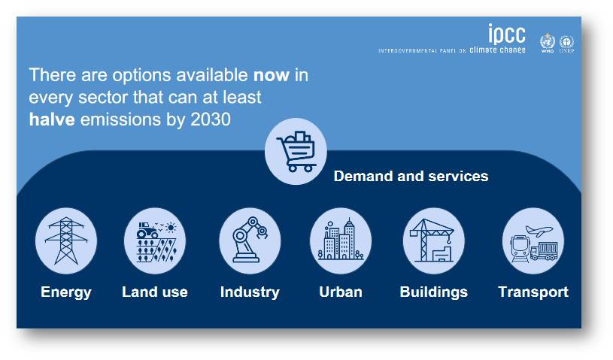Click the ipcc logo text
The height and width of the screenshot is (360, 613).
[507, 34]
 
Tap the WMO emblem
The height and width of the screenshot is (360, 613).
[548, 43]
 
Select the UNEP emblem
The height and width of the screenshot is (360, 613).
[566, 44]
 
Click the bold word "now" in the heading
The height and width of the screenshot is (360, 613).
[272, 75]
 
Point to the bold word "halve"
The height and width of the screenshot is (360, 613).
[52, 119]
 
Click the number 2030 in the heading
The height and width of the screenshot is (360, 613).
[211, 119]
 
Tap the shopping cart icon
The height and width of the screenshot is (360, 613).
[296, 152]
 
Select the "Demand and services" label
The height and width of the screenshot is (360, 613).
[411, 176]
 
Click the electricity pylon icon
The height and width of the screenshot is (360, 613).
[66, 241]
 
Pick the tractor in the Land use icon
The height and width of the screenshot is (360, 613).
[147, 231]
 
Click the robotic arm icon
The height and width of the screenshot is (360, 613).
[250, 240]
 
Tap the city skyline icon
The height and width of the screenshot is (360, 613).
[341, 240]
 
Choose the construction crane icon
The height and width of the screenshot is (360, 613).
[432, 241]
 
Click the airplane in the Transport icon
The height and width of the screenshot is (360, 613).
[539, 231]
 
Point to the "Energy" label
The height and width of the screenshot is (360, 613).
[66, 292]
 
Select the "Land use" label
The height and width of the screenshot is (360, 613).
[155, 292]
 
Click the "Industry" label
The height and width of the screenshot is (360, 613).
[250, 292]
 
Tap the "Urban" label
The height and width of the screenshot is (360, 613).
[341, 292]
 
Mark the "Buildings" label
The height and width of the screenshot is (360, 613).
[433, 292]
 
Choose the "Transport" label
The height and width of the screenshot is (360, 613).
[533, 292]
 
